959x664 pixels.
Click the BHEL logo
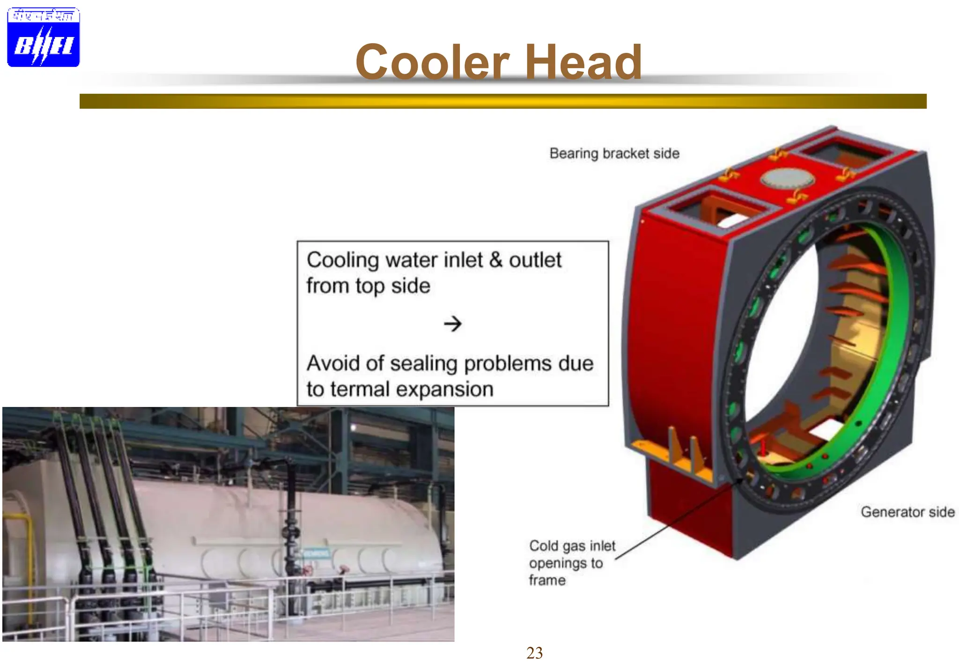43,37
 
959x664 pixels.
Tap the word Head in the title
583,62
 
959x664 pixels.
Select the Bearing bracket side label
614,154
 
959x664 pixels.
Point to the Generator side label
907,512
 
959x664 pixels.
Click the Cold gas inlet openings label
572,562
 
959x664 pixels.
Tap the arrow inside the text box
453,324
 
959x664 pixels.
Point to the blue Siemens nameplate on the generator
317,553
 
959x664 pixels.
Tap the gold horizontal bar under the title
503,101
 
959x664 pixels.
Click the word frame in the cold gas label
547,581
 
